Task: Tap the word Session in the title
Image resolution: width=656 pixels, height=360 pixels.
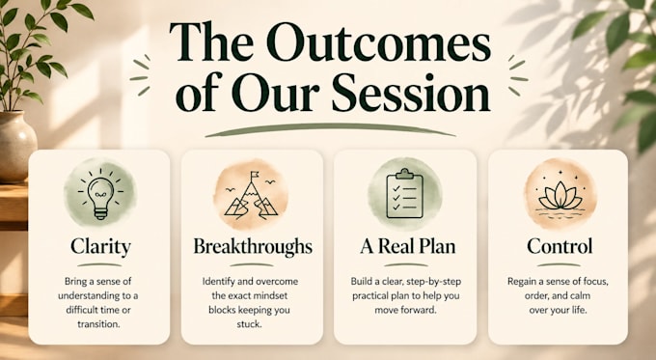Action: click(x=410, y=93)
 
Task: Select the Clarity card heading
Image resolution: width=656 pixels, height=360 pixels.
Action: click(x=100, y=246)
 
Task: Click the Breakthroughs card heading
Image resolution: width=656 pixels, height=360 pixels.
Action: click(x=253, y=246)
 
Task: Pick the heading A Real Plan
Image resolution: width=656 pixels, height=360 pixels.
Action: click(x=407, y=246)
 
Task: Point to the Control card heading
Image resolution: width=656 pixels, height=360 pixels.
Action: click(x=560, y=246)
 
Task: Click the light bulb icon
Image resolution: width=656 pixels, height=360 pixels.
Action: click(x=100, y=195)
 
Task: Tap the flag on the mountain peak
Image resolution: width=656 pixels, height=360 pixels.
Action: click(x=255, y=175)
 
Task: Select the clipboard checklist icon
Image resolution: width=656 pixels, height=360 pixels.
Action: click(x=404, y=193)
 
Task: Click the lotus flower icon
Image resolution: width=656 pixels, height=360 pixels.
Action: click(x=560, y=196)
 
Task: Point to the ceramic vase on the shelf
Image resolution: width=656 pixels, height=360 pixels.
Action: click(x=16, y=147)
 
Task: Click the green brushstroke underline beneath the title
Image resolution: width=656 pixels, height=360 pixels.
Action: click(x=330, y=129)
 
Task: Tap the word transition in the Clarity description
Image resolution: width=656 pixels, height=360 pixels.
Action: click(x=98, y=324)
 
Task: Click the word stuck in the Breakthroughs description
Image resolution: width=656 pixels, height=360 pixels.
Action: click(x=249, y=324)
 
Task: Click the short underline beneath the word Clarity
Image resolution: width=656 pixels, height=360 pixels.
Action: click(x=99, y=265)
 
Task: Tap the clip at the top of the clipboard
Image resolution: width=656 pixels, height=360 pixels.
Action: click(x=404, y=174)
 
